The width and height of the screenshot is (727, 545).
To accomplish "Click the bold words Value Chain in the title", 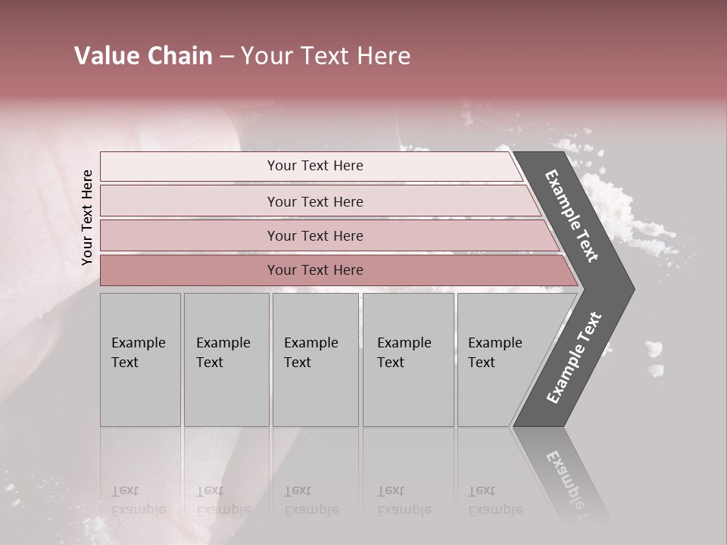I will (x=143, y=56).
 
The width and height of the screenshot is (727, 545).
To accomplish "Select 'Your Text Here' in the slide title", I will (x=326, y=56).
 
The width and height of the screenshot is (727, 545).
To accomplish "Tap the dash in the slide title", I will (x=226, y=57).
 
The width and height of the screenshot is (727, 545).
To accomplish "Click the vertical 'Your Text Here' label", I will (x=87, y=217).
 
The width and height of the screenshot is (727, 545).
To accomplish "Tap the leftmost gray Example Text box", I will (x=140, y=360).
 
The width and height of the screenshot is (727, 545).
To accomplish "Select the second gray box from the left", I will (x=226, y=360).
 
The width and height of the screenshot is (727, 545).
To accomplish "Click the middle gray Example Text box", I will (x=315, y=360).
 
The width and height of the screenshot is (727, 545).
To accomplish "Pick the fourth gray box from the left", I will (x=408, y=360).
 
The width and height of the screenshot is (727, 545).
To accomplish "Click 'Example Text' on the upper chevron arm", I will (x=572, y=216).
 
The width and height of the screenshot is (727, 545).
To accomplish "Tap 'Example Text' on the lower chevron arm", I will (x=574, y=357).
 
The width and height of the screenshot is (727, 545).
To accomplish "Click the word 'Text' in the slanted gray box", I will (x=482, y=363).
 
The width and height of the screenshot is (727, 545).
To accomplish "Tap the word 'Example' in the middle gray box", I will (x=310, y=343).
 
